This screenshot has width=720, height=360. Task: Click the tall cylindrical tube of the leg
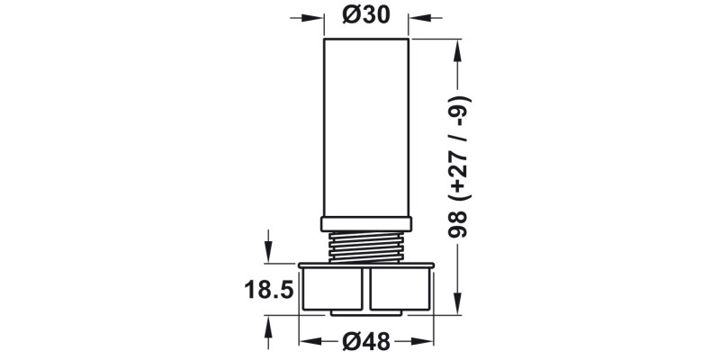click(367, 126)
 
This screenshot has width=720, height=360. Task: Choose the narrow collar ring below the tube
click(367, 223)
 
